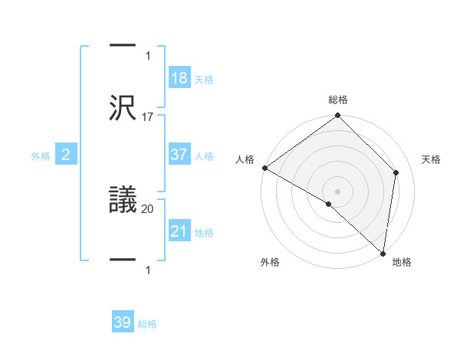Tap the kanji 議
point(123,200)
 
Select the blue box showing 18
point(179,78)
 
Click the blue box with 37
point(179,155)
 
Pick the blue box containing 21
point(179,231)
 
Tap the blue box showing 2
point(66,155)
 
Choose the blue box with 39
point(123,322)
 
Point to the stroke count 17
point(148,117)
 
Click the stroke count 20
point(148,208)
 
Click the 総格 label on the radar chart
point(338,100)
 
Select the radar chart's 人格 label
point(245,159)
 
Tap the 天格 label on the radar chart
point(431,159)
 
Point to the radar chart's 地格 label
point(402,263)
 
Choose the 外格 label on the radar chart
point(270,263)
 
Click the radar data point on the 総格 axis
point(337,116)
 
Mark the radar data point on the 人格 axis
point(264,168)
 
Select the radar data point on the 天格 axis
point(396,172)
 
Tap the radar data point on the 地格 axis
point(383,253)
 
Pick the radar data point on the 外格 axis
point(328,204)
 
